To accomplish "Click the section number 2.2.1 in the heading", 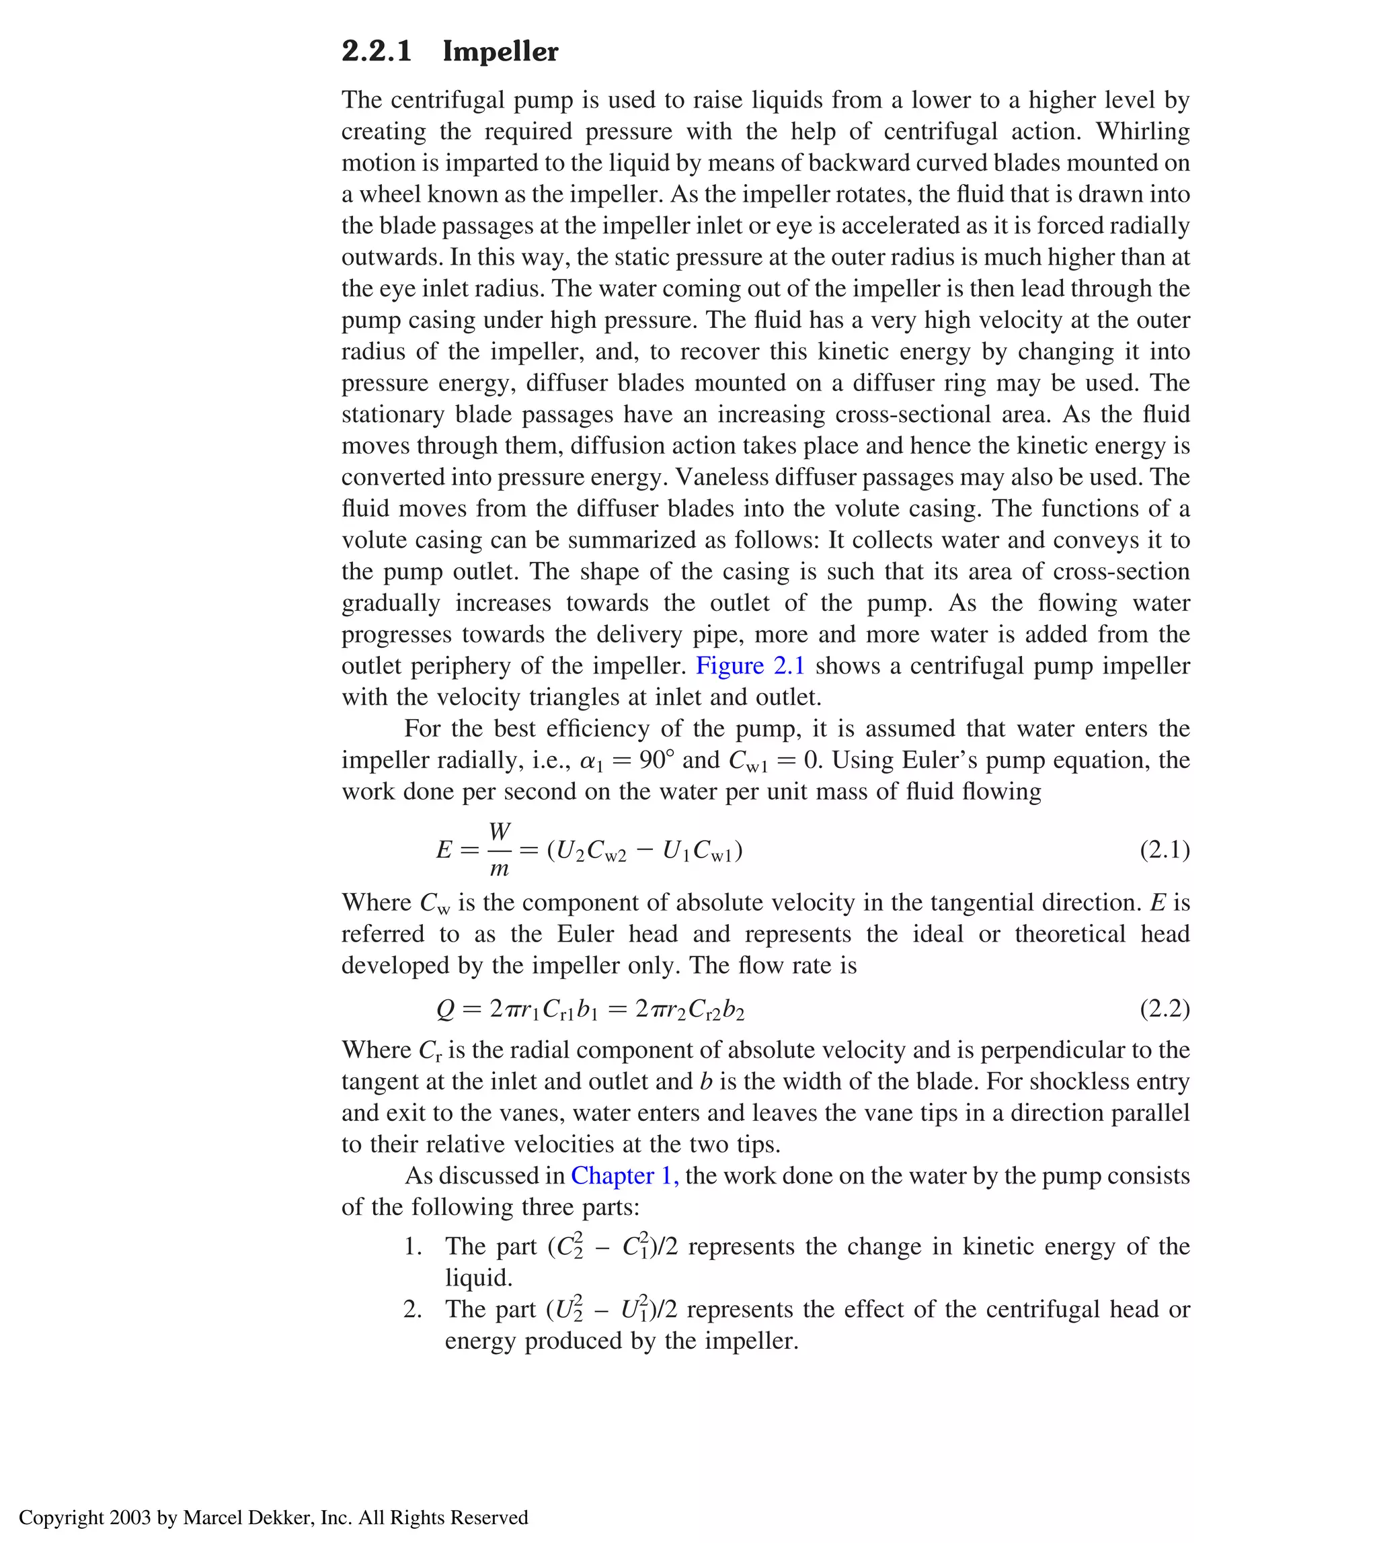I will pyautogui.click(x=376, y=52).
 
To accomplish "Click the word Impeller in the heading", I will pyautogui.click(x=500, y=52).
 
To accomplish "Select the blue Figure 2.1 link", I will pyautogui.click(x=750, y=665).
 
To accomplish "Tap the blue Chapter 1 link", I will pyautogui.click(x=624, y=1175).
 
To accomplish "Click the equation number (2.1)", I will pyautogui.click(x=1165, y=850).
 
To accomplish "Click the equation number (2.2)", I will pyautogui.click(x=1165, y=1009).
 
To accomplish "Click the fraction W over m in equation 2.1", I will pyautogui.click(x=500, y=850).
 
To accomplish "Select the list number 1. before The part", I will pyautogui.click(x=413, y=1247).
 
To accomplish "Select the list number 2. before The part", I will pyautogui.click(x=413, y=1309).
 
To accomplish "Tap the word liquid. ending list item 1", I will pyautogui.click(x=479, y=1278).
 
